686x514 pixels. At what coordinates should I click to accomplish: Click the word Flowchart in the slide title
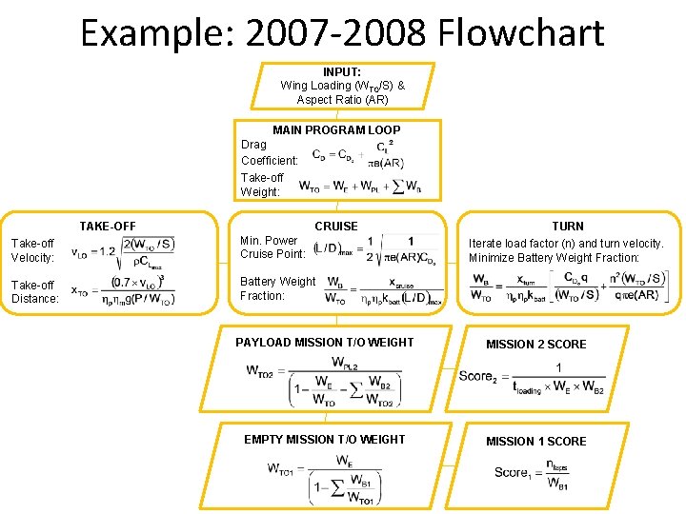click(x=521, y=32)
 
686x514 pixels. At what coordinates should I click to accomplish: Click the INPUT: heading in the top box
click(x=341, y=72)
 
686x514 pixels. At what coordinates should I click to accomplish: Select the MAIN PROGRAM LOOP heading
click(x=336, y=130)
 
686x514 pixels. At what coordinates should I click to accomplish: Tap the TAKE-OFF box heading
click(x=108, y=227)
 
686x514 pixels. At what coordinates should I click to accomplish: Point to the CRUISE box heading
click(x=336, y=227)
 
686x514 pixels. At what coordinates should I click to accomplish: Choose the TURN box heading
click(x=568, y=227)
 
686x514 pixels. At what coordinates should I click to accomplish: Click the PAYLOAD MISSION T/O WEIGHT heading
click(x=325, y=343)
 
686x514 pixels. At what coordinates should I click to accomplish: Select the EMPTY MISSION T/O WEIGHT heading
click(x=325, y=440)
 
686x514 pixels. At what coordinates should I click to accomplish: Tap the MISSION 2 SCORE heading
click(x=536, y=345)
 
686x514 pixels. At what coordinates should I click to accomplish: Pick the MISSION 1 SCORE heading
click(x=536, y=442)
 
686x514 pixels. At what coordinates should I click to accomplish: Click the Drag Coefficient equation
click(x=353, y=155)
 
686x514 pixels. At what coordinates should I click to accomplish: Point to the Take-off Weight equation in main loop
click(x=359, y=186)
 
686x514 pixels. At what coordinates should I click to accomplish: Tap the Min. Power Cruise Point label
click(x=272, y=247)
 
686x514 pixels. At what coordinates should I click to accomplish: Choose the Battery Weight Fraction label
click(x=277, y=288)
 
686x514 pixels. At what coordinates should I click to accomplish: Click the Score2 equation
click(x=532, y=377)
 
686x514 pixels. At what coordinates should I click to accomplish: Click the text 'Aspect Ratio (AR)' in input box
click(x=342, y=99)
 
